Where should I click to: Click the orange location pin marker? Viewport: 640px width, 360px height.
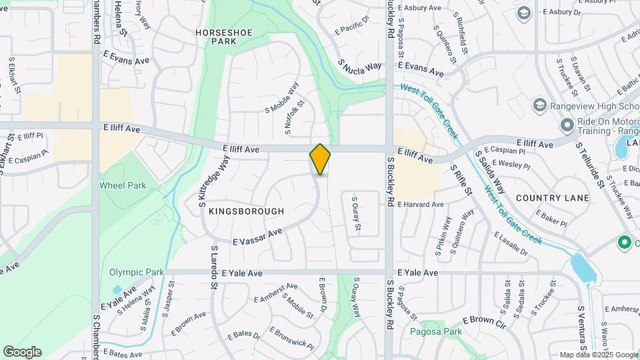[x=320, y=159]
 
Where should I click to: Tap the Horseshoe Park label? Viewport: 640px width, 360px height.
[x=215, y=36]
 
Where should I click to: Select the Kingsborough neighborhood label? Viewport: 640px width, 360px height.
[x=246, y=211]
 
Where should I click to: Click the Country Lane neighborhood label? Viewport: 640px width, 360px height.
[x=552, y=198]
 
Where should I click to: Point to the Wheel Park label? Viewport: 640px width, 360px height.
[x=122, y=185]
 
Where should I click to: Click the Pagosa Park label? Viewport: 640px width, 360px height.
[x=435, y=331]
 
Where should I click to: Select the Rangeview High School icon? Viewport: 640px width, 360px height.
[x=539, y=105]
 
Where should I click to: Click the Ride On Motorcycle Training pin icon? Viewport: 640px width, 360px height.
[x=567, y=125]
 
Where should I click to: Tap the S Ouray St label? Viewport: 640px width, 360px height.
[x=356, y=214]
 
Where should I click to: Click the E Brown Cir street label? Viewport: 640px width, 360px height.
[x=485, y=321]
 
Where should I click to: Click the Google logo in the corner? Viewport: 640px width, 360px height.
[x=22, y=352]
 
